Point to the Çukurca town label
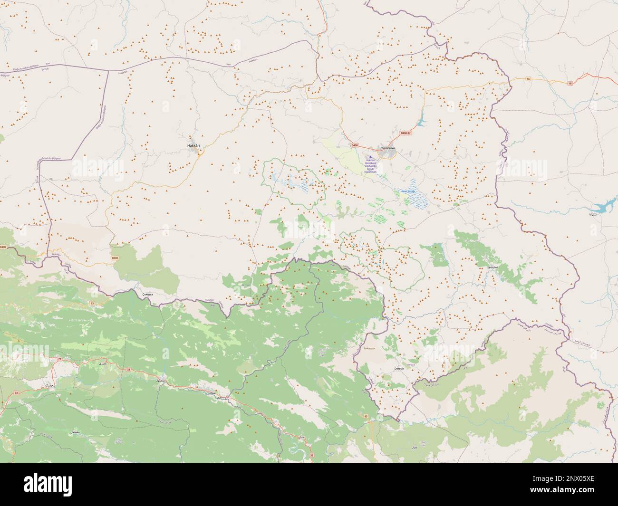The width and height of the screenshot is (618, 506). [x=149, y=295]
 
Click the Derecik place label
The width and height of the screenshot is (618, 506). [x=396, y=369]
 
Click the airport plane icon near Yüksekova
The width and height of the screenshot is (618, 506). [x=371, y=157]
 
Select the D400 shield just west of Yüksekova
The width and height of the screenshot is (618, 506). [x=354, y=145]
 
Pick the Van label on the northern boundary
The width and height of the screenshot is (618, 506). [x=48, y=63]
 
